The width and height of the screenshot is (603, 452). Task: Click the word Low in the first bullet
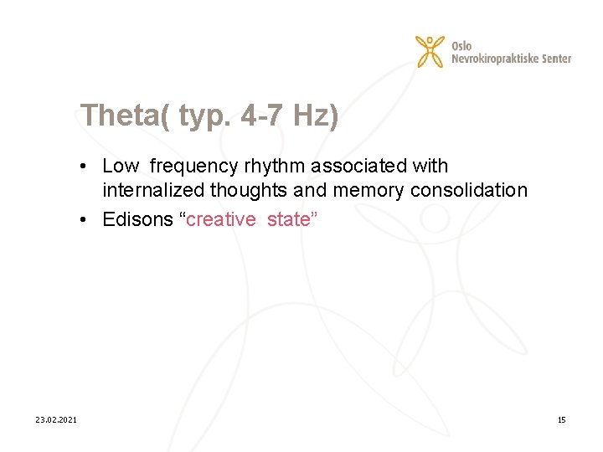coord(121,167)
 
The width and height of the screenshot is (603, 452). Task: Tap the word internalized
coord(153,191)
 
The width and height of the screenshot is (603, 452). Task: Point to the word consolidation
coord(469,191)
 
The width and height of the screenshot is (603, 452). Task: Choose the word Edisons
coord(138,219)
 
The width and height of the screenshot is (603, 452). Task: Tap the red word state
coord(290,219)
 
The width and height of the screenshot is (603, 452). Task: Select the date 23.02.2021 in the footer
coord(56,419)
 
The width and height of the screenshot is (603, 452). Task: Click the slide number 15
coord(561,419)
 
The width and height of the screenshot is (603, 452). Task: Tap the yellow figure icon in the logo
coord(430,51)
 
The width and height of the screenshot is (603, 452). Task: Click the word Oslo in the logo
coord(461,45)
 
